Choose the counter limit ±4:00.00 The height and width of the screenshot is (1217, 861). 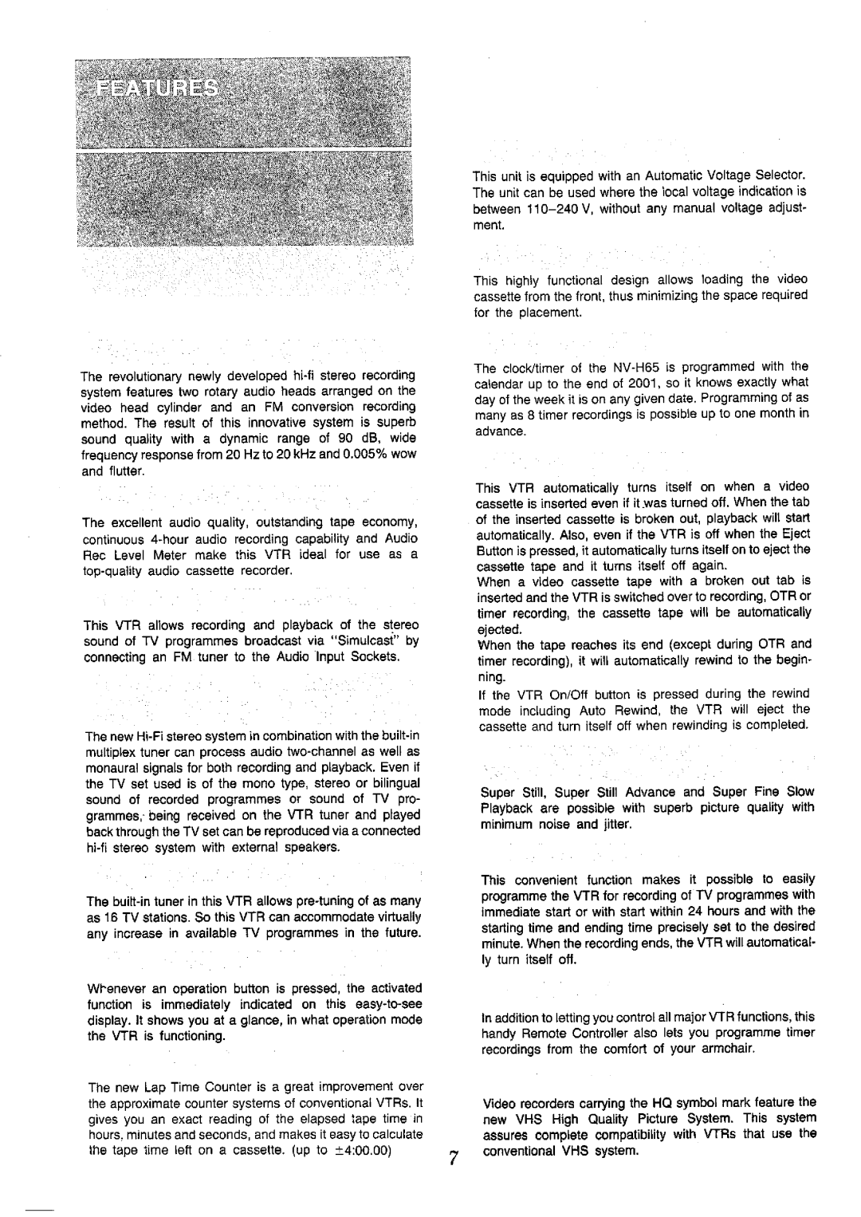pyautogui.click(x=373, y=1150)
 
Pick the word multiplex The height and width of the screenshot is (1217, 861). pyautogui.click(x=109, y=752)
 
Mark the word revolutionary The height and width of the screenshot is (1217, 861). pyautogui.click(x=141, y=375)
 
